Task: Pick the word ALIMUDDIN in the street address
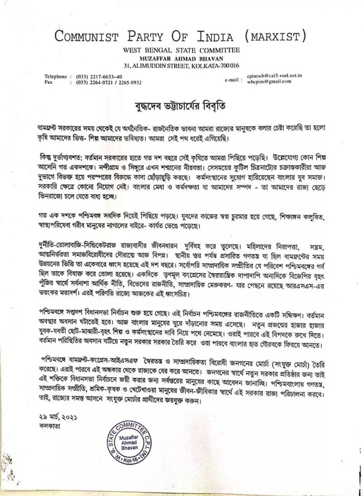pos(155,65)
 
